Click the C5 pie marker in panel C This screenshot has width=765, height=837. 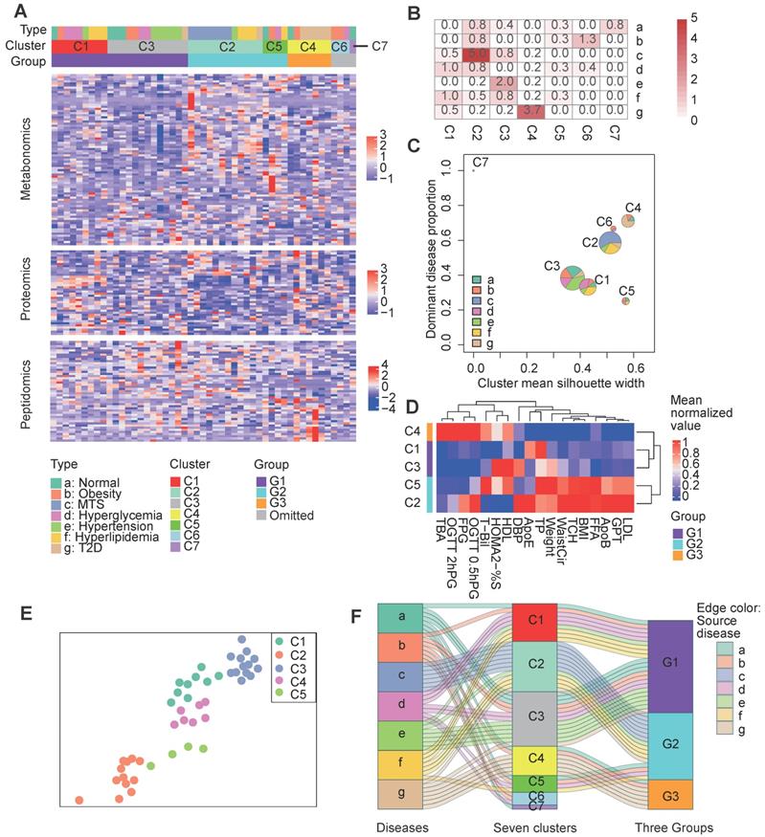pyautogui.click(x=625, y=300)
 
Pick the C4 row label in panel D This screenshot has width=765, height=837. pyautogui.click(x=410, y=432)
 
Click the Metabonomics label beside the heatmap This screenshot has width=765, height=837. pyautogui.click(x=27, y=153)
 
